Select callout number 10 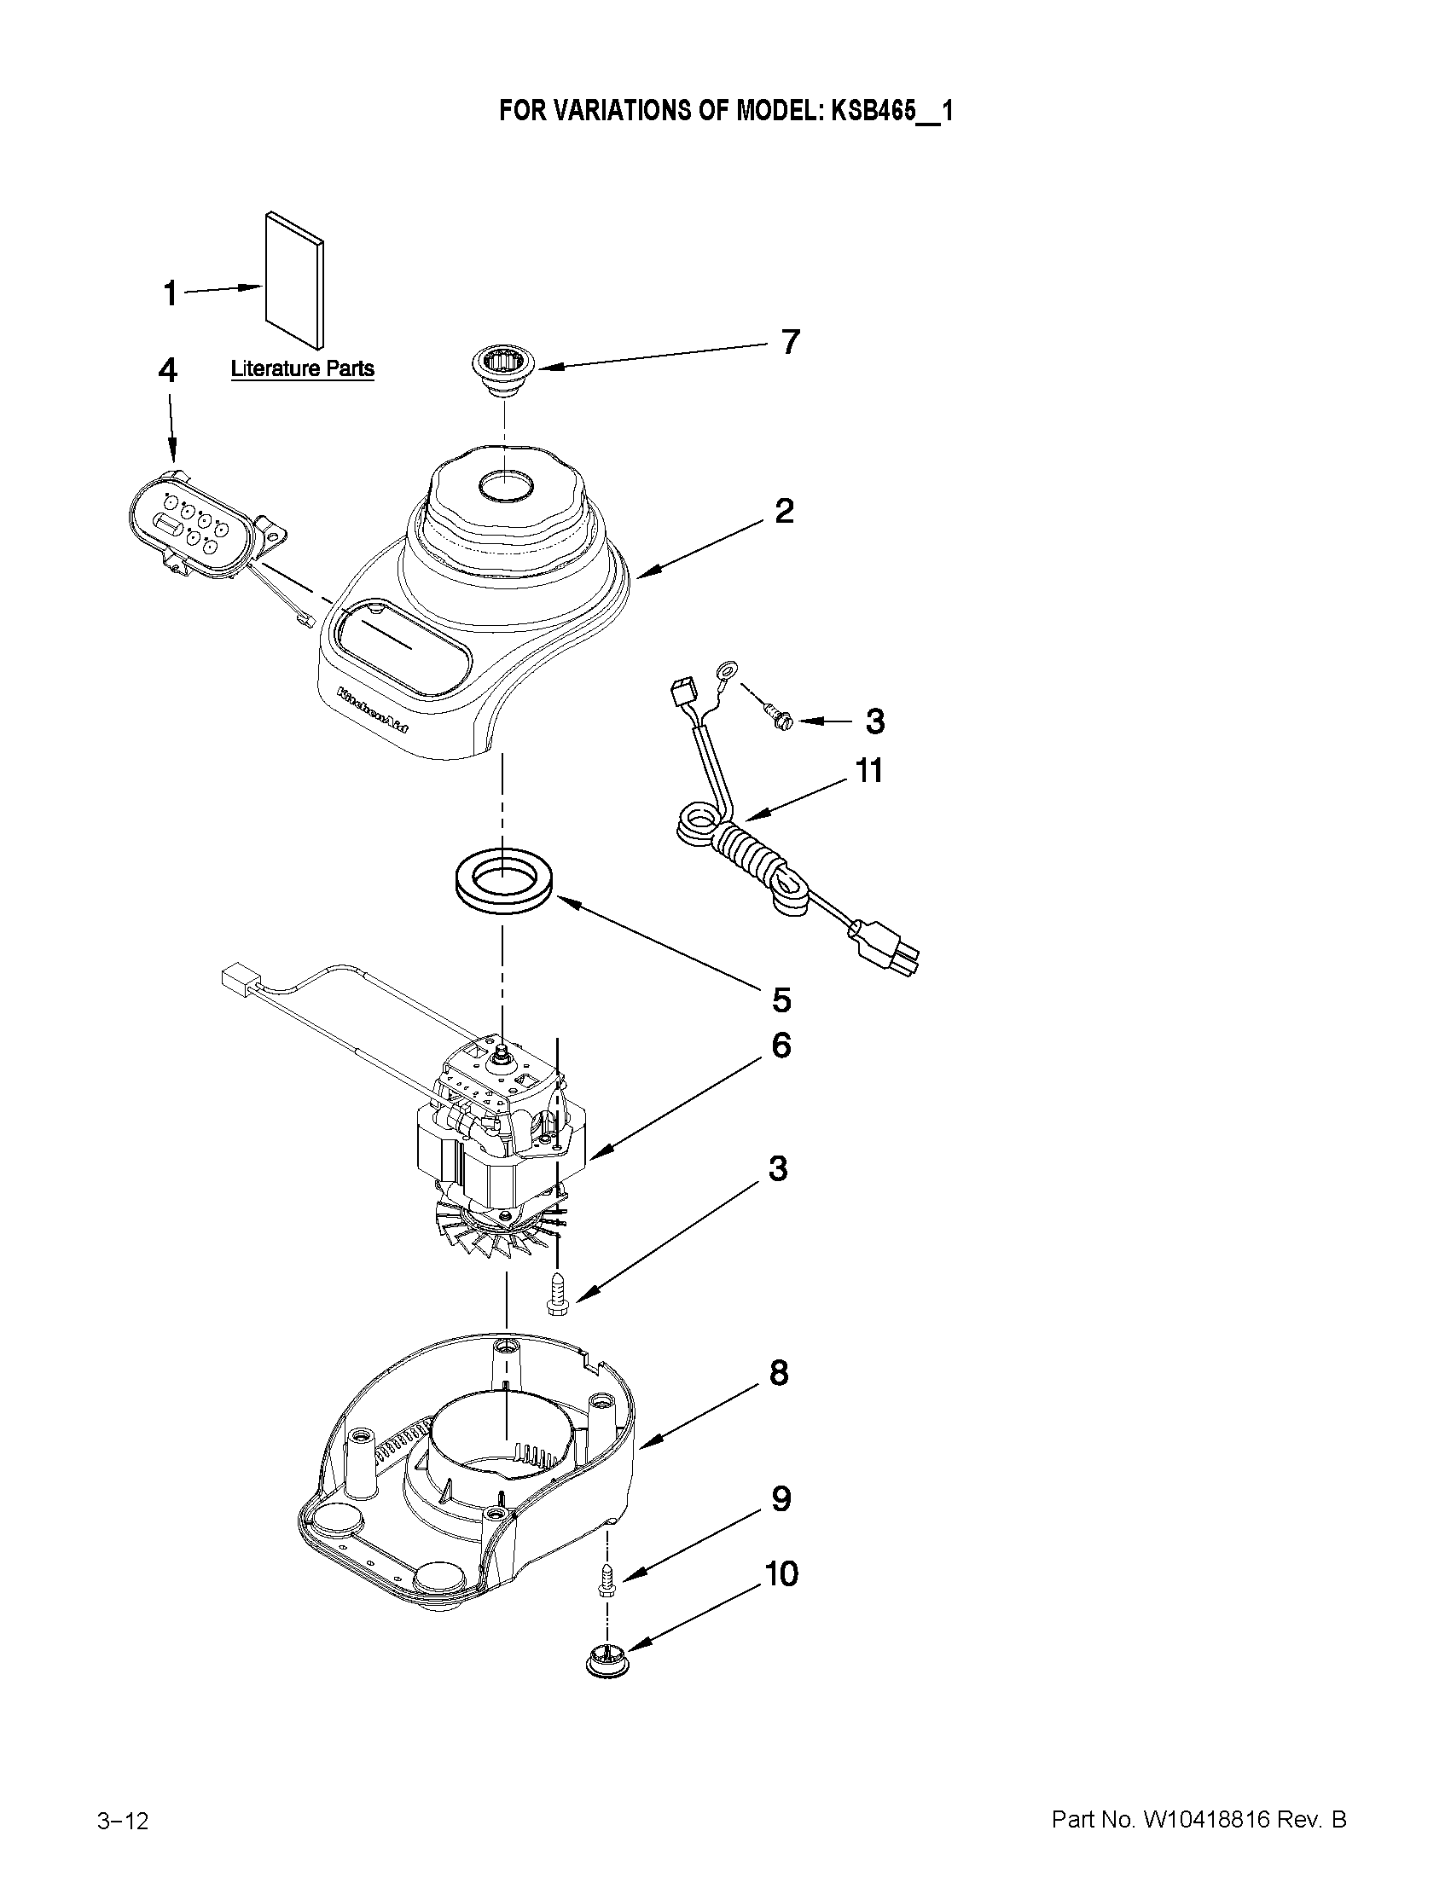[781, 1573]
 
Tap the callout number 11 [869, 771]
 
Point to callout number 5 [781, 999]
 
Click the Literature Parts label [303, 368]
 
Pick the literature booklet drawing [296, 283]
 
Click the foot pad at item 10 [607, 1661]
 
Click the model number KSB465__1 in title [891, 111]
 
